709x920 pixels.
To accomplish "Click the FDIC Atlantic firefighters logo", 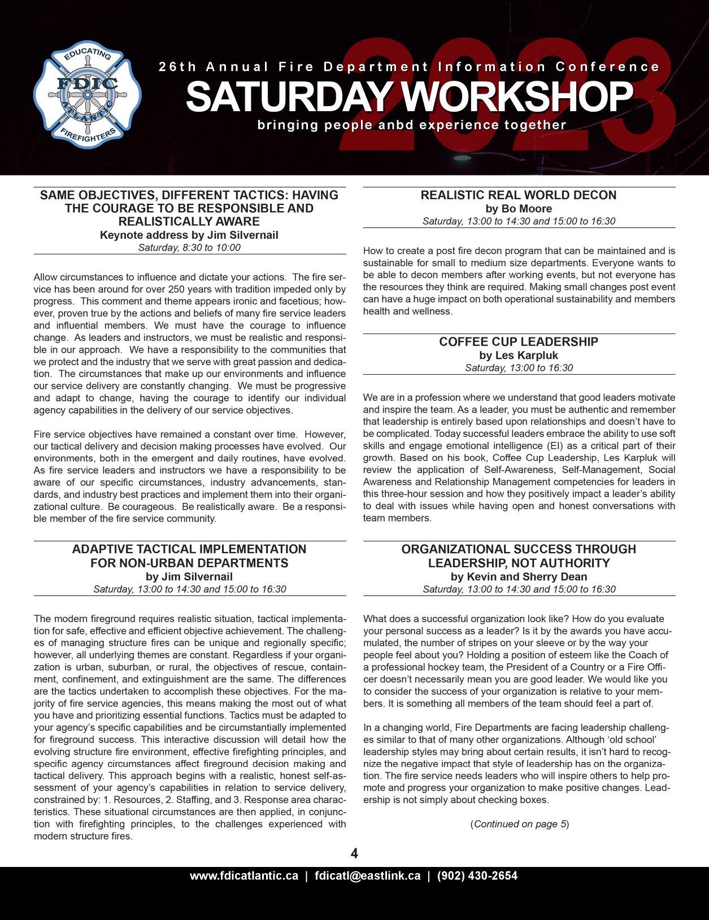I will tap(87, 94).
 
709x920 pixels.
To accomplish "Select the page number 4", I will tap(354, 853).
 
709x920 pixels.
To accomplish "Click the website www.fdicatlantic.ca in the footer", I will tap(244, 876).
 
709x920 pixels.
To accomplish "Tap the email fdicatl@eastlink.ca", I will tap(368, 876).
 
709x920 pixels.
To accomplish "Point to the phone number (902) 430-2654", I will tap(477, 876).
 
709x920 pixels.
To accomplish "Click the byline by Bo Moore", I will tap(519, 208).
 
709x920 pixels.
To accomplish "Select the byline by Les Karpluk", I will tap(519, 355).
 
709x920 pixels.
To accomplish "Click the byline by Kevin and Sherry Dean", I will tap(519, 576).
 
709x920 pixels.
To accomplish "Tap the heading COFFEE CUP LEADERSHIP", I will tap(519, 341).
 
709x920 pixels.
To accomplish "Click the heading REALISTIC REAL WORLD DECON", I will tap(519, 195).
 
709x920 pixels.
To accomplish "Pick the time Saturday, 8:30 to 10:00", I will tap(189, 247).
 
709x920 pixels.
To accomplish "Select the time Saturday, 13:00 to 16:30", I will tap(519, 367).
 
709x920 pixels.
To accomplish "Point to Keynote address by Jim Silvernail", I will tap(189, 235).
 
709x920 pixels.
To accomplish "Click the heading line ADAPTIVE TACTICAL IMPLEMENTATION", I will tap(189, 549).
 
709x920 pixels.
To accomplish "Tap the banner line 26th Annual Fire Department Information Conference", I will tap(409, 67).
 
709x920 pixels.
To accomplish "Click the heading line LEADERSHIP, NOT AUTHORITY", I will tap(519, 563).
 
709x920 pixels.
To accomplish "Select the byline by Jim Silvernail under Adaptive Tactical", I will tap(189, 576).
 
